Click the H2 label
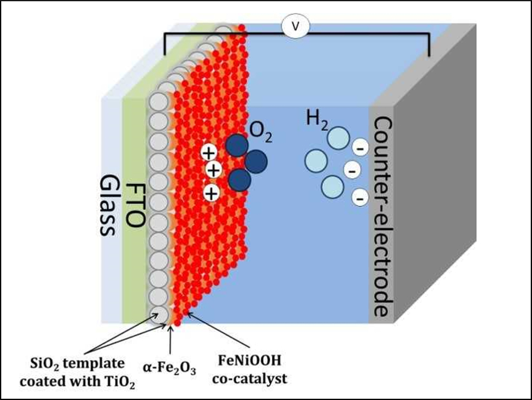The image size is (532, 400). click(x=317, y=118)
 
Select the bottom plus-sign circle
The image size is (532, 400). click(x=212, y=192)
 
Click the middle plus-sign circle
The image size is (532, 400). click(x=213, y=170)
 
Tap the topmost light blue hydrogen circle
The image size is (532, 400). click(x=339, y=138)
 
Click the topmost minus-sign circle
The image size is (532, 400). click(x=359, y=149)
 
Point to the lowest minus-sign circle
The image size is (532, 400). click(x=359, y=199)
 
